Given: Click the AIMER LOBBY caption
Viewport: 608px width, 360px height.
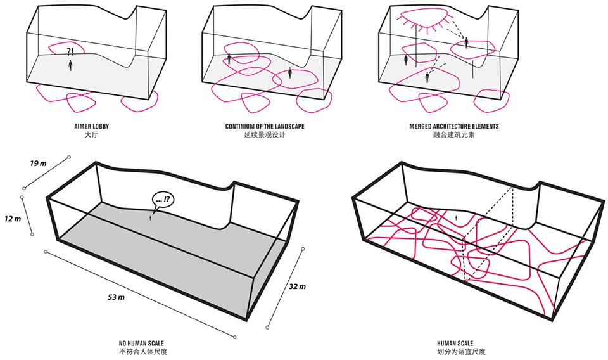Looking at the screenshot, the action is coord(91,127).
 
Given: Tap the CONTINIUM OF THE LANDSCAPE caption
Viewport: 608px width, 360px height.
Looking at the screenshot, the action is coord(265,127).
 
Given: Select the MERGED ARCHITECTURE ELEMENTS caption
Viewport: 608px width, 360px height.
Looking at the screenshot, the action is coord(454,127).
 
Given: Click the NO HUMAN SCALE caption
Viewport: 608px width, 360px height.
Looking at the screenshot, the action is coord(141,344).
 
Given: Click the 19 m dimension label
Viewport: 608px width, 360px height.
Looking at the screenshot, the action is coord(38,164).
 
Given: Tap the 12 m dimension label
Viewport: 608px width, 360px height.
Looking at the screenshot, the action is coord(13,219).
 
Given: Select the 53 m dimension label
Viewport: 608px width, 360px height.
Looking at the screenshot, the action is coord(117,297).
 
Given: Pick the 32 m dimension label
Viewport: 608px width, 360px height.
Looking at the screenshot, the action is coord(297,286).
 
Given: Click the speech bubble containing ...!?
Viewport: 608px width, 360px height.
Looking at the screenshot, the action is coord(163,200).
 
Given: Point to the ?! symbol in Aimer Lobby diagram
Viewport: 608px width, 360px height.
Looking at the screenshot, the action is coord(70,51).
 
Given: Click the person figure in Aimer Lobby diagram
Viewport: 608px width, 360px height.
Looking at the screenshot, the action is coord(70,65).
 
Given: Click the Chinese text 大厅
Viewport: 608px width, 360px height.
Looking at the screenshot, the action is coord(91,135).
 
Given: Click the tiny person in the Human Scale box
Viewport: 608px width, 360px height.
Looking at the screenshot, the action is coord(456,218).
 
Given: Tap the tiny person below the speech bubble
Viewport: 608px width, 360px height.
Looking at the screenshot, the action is coord(151,219).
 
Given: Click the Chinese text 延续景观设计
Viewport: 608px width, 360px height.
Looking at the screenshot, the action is coord(265,135).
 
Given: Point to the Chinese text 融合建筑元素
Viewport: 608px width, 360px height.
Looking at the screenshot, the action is coord(454,135).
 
